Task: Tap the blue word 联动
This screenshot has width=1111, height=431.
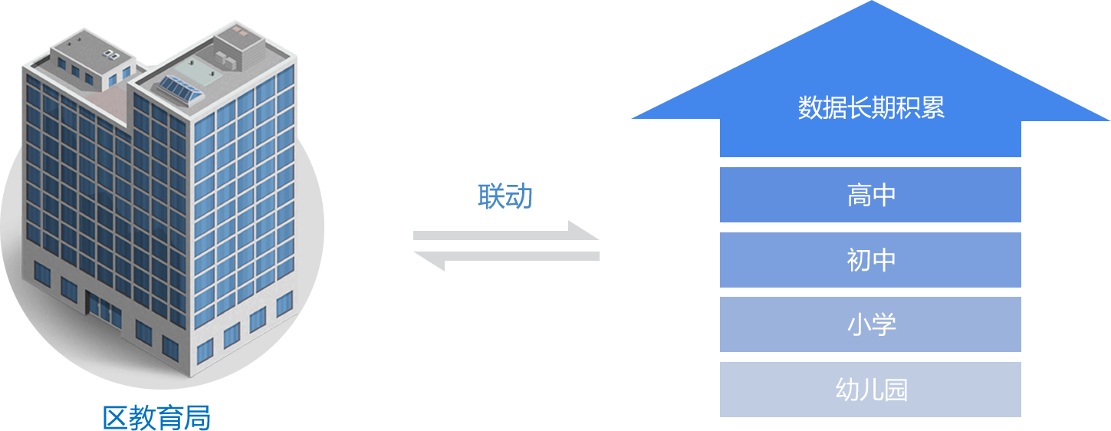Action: pyautogui.click(x=505, y=196)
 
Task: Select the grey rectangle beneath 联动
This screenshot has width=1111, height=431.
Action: pyautogui.click(x=506, y=246)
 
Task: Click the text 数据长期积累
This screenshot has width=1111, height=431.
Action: pyautogui.click(x=870, y=108)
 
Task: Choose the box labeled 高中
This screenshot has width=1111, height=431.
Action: pyautogui.click(x=869, y=196)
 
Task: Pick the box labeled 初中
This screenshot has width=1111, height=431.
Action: pyautogui.click(x=869, y=260)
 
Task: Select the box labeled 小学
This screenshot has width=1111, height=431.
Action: pyautogui.click(x=869, y=324)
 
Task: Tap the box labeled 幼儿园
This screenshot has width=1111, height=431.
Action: pyautogui.click(x=869, y=390)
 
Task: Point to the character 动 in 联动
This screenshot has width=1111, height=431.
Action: pyautogui.click(x=518, y=196)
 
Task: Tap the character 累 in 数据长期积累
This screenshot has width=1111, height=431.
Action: pyautogui.click(x=932, y=108)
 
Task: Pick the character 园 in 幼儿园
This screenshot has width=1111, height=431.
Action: pyautogui.click(x=895, y=390)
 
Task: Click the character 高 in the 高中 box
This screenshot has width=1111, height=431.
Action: pyautogui.click(x=858, y=196)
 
